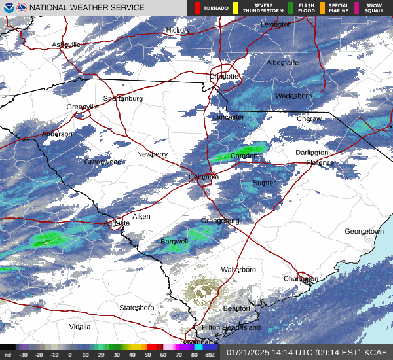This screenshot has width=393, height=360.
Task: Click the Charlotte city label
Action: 225,77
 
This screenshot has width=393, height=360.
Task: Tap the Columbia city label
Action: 204,177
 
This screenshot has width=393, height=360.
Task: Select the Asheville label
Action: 66,45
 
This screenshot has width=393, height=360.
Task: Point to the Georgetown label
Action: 364,232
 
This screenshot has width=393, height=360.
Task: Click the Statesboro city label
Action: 136,308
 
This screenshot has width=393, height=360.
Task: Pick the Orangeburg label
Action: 220,221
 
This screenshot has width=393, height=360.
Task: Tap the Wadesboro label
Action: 293,96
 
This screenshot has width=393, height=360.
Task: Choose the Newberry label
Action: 152,154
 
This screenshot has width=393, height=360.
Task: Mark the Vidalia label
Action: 80,326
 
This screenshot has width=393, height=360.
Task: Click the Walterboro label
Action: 238,270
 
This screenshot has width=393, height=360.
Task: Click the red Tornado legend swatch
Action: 198,8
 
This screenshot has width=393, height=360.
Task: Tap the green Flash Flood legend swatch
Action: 291,8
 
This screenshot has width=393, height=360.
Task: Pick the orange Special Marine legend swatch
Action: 322,8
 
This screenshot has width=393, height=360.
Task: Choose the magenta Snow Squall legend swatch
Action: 356,8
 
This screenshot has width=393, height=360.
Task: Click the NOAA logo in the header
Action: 8,8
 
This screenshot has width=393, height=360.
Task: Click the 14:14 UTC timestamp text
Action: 278,351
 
